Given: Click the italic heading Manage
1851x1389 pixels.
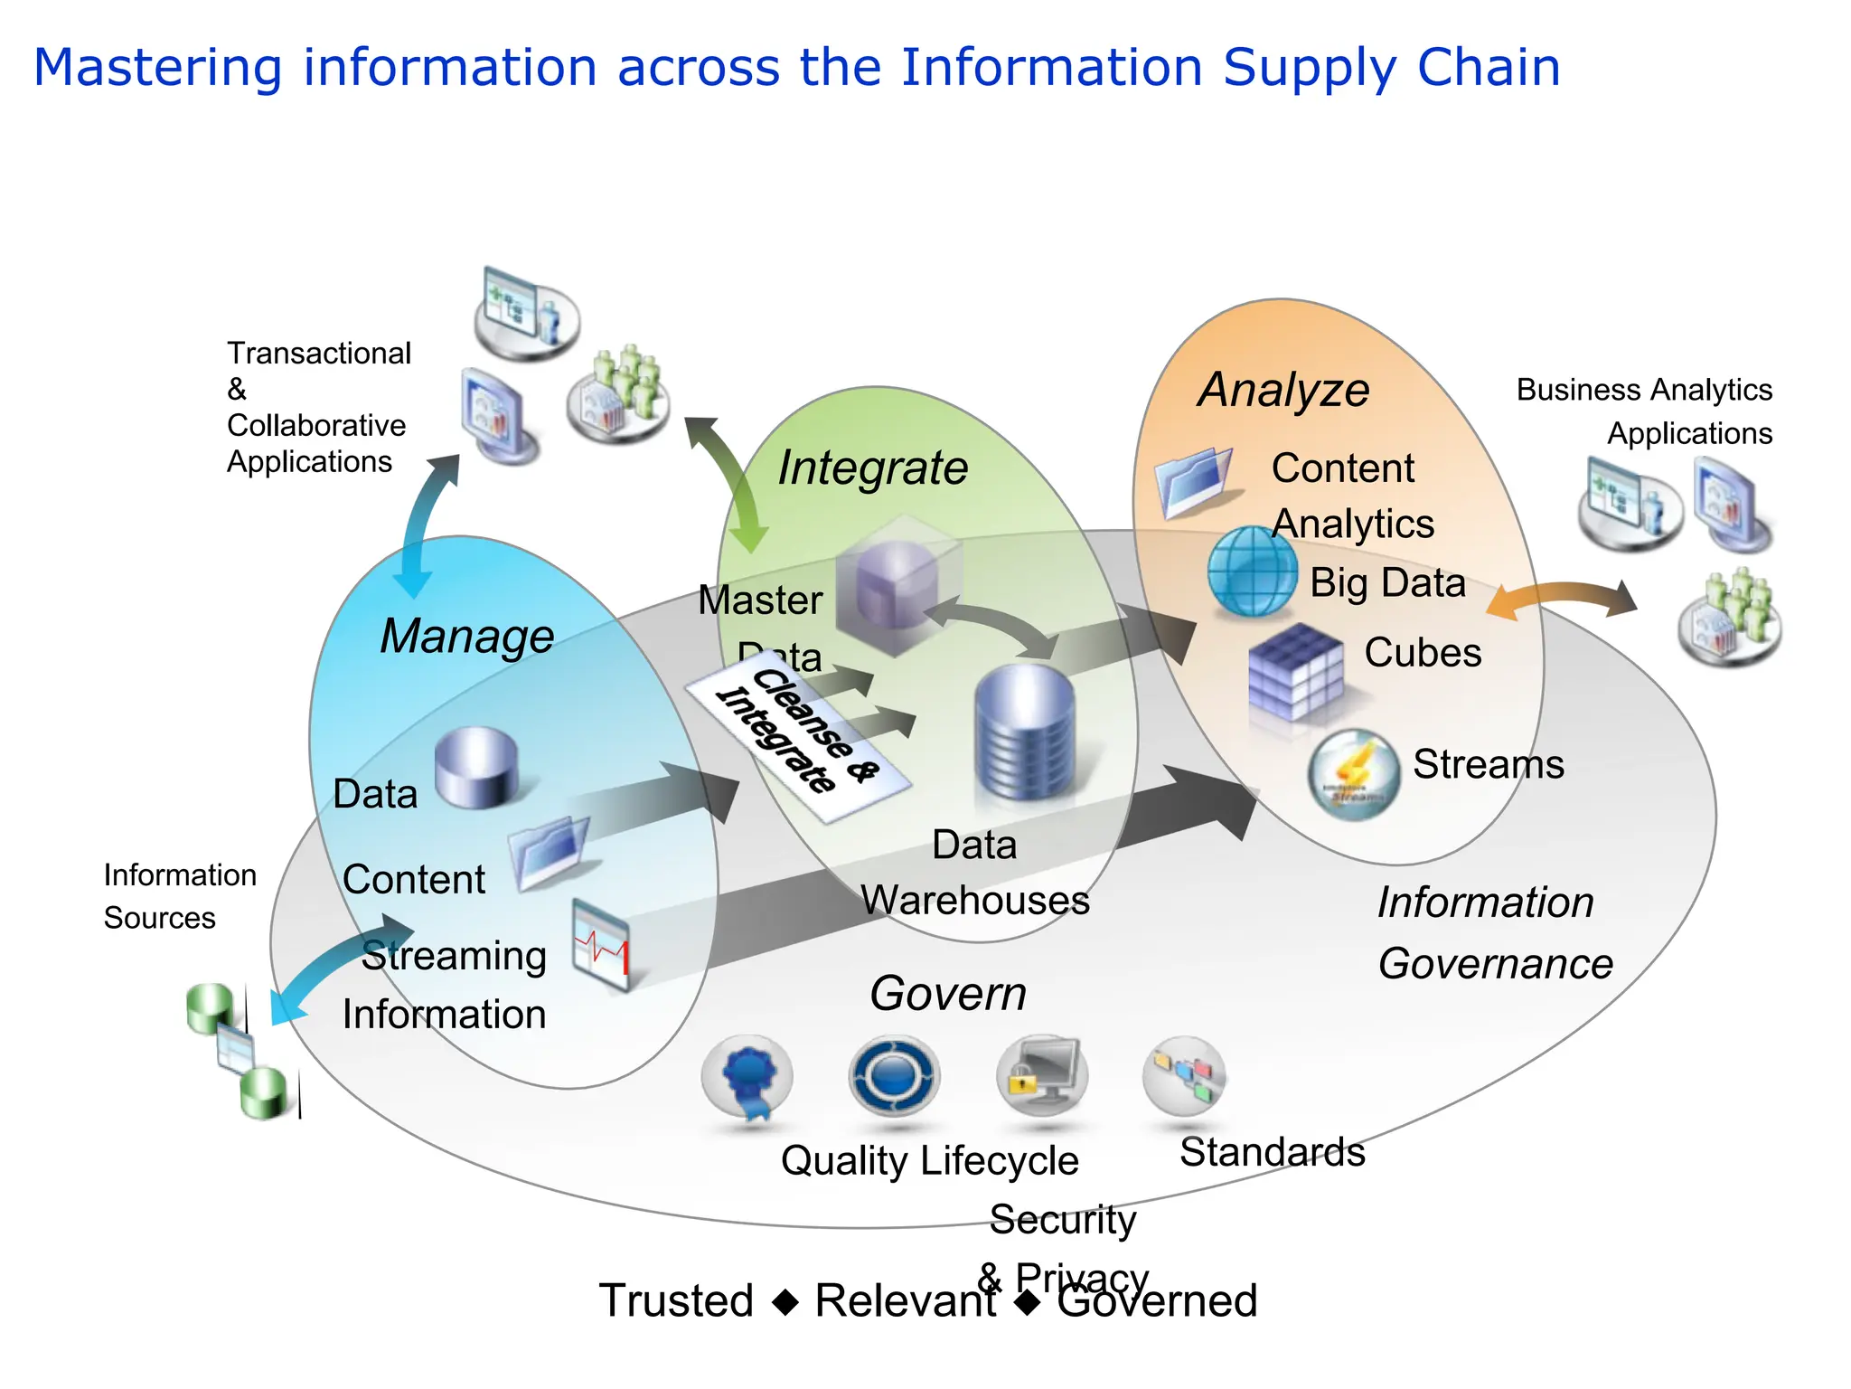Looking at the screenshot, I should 466,637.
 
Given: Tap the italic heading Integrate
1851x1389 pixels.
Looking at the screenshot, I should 872,468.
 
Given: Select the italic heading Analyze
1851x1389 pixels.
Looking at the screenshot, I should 1283,391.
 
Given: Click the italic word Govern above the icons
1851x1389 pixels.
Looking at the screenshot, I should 948,994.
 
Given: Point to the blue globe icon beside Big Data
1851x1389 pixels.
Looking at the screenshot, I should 1252,572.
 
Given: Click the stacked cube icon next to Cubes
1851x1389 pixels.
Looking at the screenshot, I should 1294,673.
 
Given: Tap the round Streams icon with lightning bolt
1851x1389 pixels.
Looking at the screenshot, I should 1353,774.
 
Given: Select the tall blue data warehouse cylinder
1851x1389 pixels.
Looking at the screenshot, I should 1025,732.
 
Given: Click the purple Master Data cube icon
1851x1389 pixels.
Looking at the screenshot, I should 895,583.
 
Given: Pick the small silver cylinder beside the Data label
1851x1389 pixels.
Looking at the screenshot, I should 476,767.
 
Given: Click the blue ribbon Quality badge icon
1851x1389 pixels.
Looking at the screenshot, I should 747,1078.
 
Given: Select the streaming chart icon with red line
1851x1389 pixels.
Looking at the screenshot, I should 601,945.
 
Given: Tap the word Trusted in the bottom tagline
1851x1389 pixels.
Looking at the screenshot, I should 676,1301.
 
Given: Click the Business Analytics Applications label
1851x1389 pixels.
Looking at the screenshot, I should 1644,411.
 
